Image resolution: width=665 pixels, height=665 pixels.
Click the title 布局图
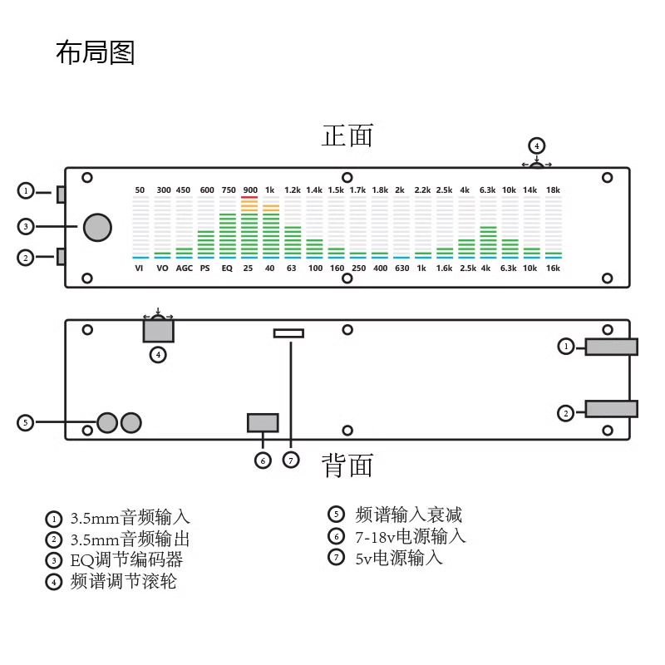point(95,53)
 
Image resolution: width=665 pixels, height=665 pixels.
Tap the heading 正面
point(347,135)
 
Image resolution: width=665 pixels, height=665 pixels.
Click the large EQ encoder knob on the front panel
point(96,227)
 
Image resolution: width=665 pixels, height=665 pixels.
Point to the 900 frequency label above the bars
point(249,190)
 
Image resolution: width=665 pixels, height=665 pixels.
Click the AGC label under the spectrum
point(184,268)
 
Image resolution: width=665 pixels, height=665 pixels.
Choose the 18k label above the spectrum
point(553,190)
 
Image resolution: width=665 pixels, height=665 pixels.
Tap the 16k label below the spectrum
point(553,268)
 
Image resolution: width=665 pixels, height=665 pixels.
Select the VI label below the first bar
point(140,268)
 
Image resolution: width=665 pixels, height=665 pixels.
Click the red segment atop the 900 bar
point(249,198)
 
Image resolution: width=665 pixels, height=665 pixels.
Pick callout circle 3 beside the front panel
point(27,226)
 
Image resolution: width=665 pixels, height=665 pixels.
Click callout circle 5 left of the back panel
point(27,422)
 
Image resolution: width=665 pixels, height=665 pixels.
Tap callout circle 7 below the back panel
point(290,460)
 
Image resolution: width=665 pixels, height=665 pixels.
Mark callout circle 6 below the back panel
point(263,460)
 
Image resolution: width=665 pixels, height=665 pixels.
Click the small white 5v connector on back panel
point(288,333)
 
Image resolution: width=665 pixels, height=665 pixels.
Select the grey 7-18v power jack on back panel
point(263,422)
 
